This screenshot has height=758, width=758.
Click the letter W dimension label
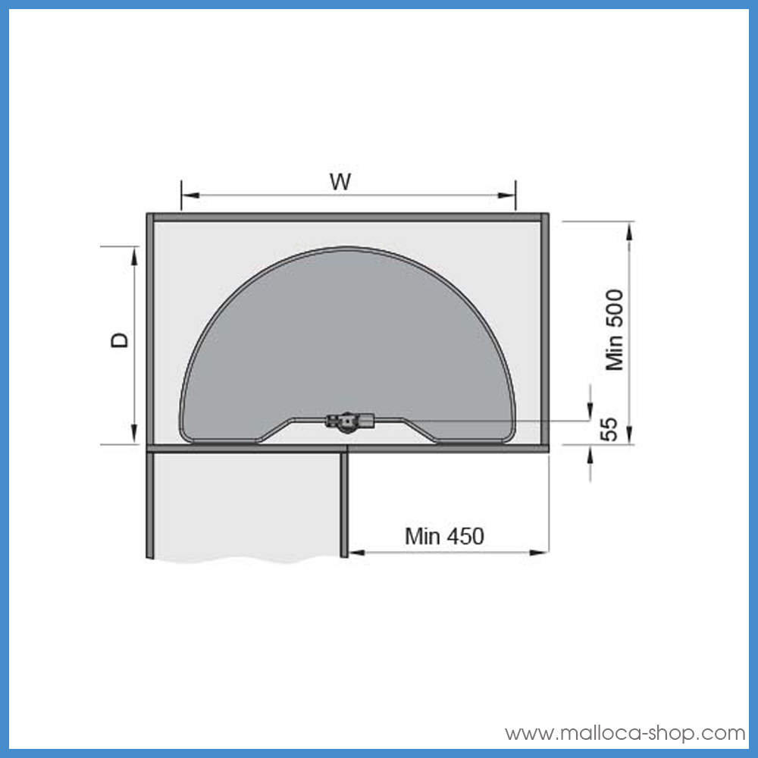coord(340,182)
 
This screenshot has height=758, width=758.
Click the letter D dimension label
coord(120,340)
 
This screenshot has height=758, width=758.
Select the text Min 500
coord(615,330)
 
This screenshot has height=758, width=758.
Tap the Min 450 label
coord(444,536)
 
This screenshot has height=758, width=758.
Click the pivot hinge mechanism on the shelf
coord(349,421)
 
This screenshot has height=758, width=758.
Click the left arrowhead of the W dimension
coord(190,196)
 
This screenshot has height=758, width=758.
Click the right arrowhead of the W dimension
coord(506,196)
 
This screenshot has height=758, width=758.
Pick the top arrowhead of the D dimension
coord(134,256)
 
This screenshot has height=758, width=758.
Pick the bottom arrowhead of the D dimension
coord(134,434)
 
